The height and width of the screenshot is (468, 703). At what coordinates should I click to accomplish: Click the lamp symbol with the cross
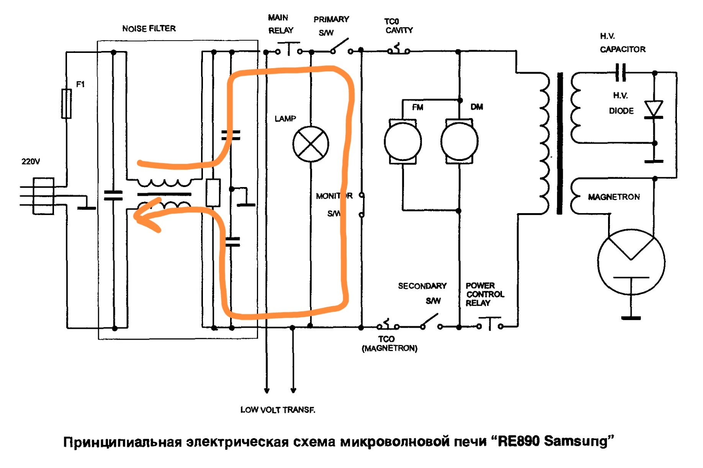coord(311,144)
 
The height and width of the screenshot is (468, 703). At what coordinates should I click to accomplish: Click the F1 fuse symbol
coord(66,103)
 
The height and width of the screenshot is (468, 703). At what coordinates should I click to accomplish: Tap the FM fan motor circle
coord(403,141)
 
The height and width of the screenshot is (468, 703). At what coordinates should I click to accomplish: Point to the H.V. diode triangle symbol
coord(654,109)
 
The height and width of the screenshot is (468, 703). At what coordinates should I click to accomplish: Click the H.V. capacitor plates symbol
coord(621,72)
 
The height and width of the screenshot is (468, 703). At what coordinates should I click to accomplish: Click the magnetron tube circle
coord(631,262)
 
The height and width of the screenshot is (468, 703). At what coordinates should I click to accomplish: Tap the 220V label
coord(31,162)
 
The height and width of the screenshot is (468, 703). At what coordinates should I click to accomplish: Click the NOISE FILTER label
coord(149,29)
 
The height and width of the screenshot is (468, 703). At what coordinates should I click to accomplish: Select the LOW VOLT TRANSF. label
coord(278,410)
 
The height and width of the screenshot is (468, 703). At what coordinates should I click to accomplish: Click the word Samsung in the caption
coord(576,442)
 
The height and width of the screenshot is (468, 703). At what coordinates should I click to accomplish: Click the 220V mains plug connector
coord(43,196)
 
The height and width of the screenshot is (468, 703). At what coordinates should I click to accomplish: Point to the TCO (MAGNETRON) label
coord(389,344)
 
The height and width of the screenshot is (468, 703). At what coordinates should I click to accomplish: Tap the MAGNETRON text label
coord(613,197)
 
